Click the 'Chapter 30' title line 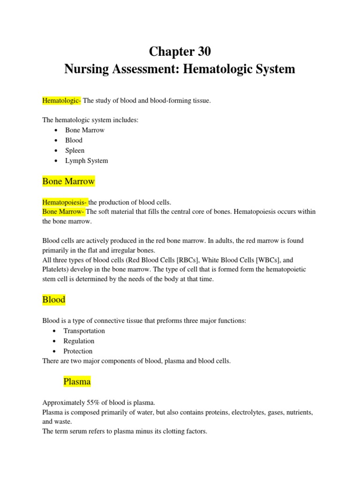coord(180,51)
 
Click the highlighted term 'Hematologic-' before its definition coord(62,100)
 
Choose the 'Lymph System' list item coord(86,161)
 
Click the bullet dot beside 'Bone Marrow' coord(56,130)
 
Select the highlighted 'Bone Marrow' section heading coord(68,181)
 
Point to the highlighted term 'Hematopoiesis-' coord(65,202)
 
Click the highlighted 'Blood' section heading coord(54,300)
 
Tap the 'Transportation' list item coord(84,331)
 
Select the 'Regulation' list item coord(79,341)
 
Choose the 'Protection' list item coord(78,351)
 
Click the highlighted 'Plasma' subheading coord(77,382)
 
